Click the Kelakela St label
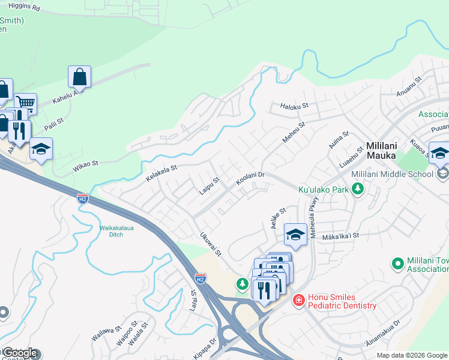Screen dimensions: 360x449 tap(161, 173)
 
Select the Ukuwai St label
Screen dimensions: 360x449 tap(211, 244)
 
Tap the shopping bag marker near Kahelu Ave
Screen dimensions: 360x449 tap(79, 77)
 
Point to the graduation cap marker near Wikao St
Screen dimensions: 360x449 tap(41, 149)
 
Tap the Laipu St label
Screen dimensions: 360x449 tap(210, 186)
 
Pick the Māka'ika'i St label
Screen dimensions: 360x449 tap(340, 236)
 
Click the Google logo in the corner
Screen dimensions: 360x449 tap(20, 353)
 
